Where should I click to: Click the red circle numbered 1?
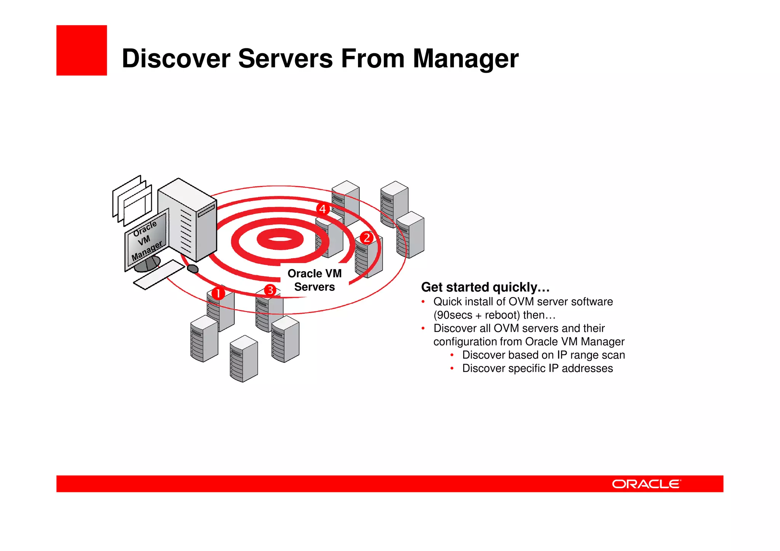[218, 294]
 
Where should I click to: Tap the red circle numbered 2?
[366, 238]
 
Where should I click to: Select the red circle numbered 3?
[270, 290]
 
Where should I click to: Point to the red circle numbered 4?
[323, 209]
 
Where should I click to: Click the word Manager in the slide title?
[465, 59]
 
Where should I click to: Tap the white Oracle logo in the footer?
[646, 484]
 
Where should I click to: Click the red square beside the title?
[82, 50]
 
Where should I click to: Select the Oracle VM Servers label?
[315, 280]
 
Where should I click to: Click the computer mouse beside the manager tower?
[193, 269]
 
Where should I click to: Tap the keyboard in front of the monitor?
[159, 274]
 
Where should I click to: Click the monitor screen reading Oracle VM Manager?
[147, 240]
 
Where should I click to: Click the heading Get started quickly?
[485, 287]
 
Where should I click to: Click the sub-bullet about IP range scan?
[543, 355]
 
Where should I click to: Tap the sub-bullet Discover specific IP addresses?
[537, 369]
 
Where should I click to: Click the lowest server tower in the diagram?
[244, 359]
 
